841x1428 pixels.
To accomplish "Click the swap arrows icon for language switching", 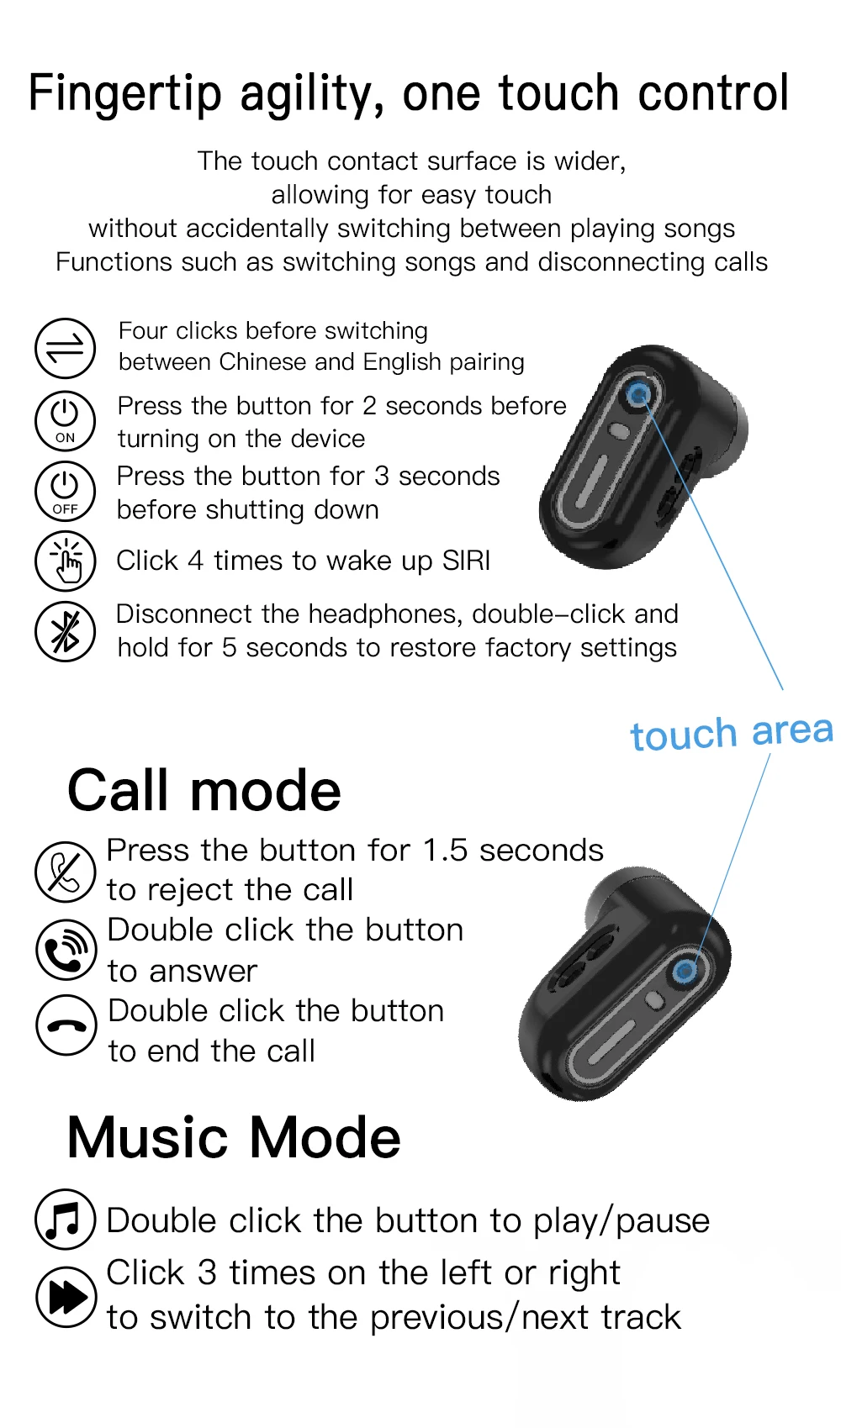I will (x=65, y=348).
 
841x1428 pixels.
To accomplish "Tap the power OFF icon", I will (x=65, y=491).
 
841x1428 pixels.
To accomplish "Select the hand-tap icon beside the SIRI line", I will (x=65, y=561).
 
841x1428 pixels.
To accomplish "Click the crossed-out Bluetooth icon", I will (x=65, y=631).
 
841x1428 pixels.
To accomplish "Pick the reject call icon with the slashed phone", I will (x=65, y=872).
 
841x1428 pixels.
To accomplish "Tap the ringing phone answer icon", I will (x=66, y=950).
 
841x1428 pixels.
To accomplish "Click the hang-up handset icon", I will (x=66, y=1025).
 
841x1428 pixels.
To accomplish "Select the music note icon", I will (x=65, y=1219).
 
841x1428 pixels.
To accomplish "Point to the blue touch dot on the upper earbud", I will (x=638, y=393).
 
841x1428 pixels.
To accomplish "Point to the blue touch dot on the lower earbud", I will (x=685, y=972).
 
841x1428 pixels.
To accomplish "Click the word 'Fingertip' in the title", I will (x=124, y=94).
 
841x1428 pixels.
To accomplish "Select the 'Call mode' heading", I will (x=204, y=791).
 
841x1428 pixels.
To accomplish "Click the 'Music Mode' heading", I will (x=234, y=1137).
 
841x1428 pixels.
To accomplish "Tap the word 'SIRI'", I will (x=466, y=561).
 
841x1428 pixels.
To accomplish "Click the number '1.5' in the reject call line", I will (x=444, y=851).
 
